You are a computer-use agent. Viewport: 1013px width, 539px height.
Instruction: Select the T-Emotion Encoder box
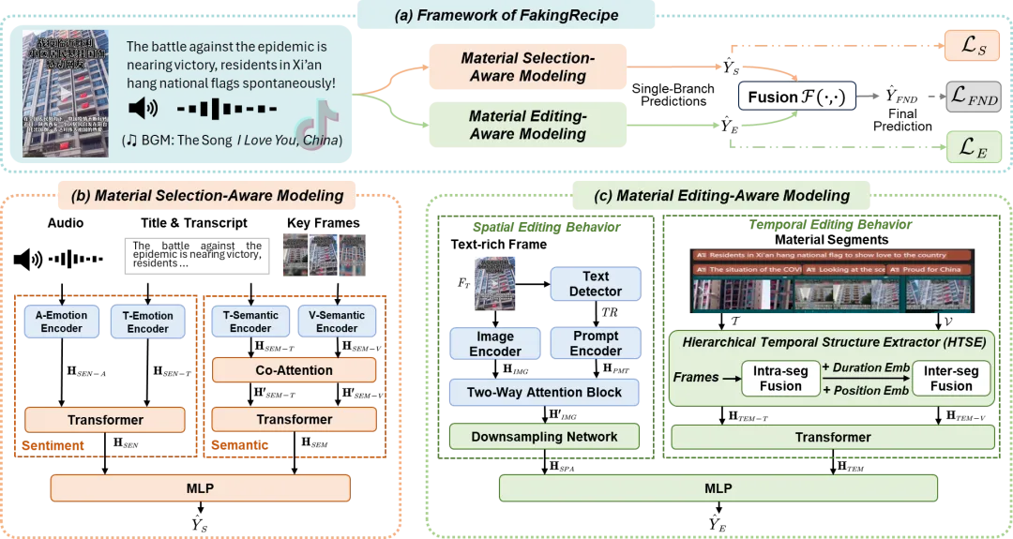click(x=148, y=322)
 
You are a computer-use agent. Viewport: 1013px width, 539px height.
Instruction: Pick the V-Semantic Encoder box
click(x=337, y=322)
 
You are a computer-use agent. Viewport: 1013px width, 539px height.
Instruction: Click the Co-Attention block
click(x=294, y=370)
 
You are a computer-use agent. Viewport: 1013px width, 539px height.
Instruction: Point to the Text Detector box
click(x=596, y=283)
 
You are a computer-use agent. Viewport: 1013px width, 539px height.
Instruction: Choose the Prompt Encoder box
click(x=596, y=343)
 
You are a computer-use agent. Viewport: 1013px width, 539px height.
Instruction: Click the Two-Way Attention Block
click(x=544, y=393)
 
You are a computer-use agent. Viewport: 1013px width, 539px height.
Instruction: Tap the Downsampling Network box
click(x=544, y=436)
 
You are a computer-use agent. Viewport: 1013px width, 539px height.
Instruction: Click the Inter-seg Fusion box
click(x=951, y=378)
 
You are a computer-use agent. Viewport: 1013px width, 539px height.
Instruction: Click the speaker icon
click(x=143, y=109)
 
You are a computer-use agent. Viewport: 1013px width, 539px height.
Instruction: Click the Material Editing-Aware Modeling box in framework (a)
click(x=528, y=126)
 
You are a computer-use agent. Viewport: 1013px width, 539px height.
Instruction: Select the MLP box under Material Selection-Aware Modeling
click(x=201, y=488)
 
